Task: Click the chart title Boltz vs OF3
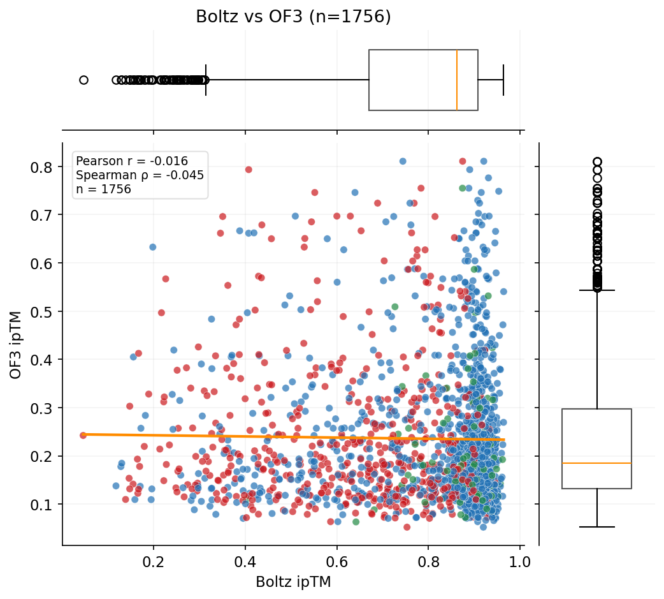click(293, 17)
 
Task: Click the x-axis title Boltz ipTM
click(293, 582)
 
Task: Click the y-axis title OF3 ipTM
click(15, 344)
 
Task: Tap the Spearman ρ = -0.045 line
click(140, 175)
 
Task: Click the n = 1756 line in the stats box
click(103, 189)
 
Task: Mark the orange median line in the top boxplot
click(457, 80)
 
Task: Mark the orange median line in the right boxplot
click(596, 463)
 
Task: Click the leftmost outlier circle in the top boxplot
click(83, 80)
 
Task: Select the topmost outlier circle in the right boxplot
click(597, 162)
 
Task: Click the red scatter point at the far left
click(83, 435)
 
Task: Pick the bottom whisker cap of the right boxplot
click(596, 527)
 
